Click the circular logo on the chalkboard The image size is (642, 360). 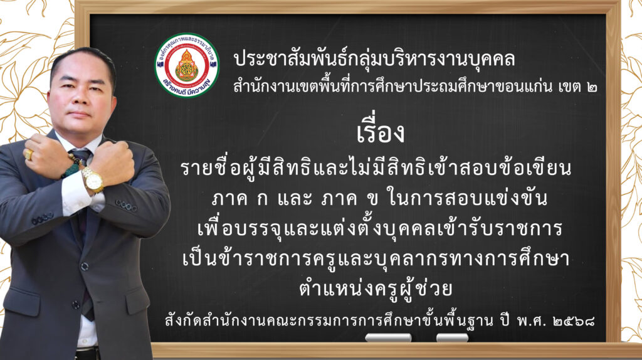tap(187, 65)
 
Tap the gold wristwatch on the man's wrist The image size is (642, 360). tap(93, 179)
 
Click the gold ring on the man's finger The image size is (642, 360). tap(29, 154)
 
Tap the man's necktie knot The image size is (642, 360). tap(80, 156)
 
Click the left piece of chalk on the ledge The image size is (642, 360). tap(388, 337)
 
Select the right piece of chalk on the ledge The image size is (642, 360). tap(452, 337)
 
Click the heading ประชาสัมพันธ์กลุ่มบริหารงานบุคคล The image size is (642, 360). tap(374, 60)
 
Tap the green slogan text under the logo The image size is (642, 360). tap(187, 87)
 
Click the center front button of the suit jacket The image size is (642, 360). tap(84, 267)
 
